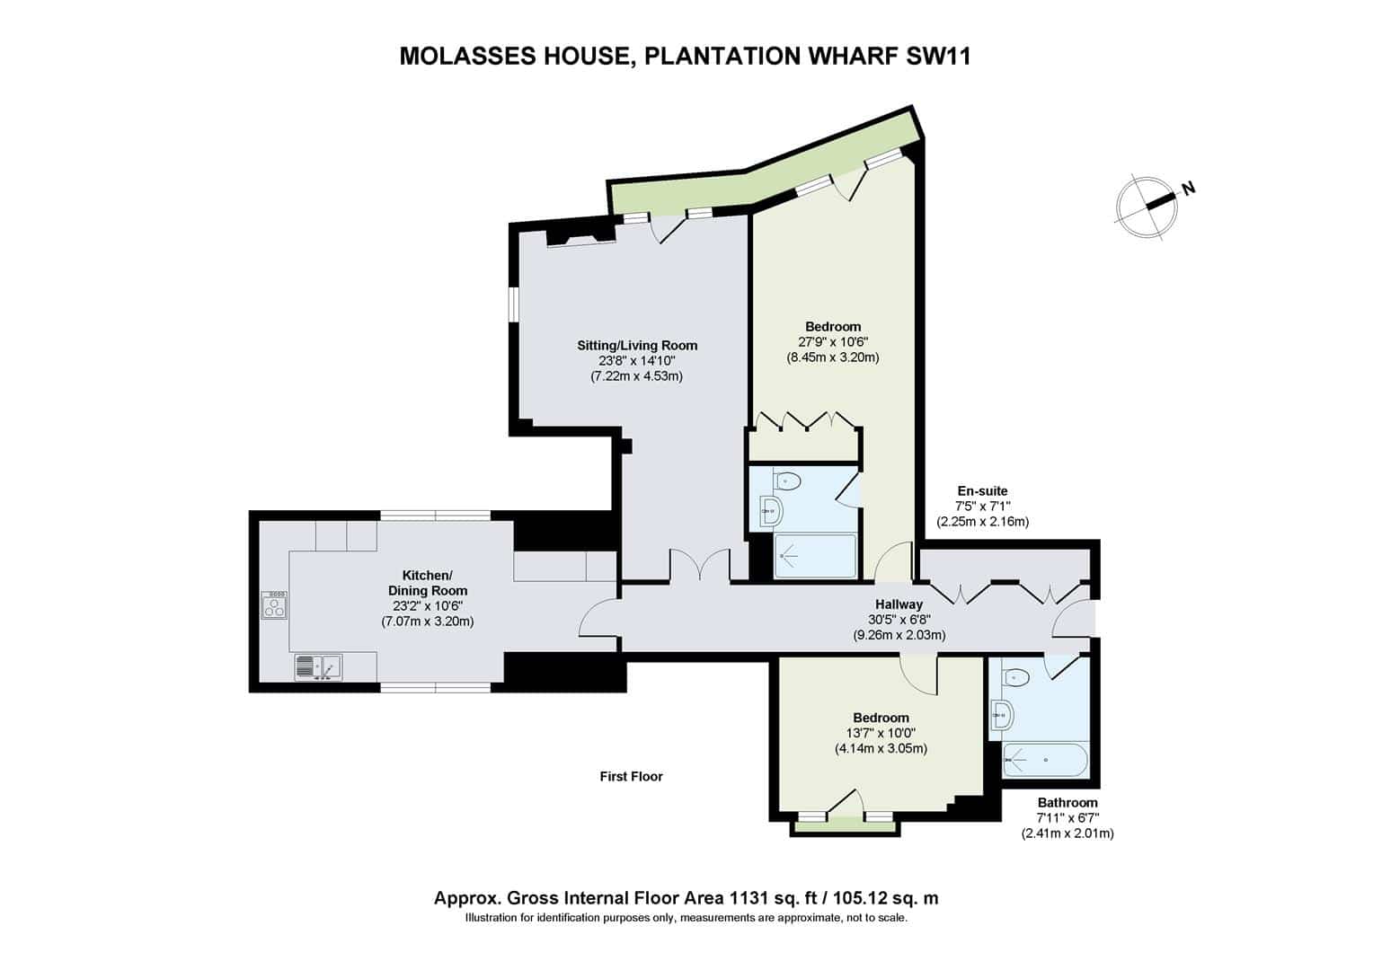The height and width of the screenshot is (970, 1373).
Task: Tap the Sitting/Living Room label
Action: pos(637,346)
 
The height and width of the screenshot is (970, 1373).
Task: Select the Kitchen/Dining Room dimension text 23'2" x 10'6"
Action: pos(427,606)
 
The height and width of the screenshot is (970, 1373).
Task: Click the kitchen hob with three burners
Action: pos(273,604)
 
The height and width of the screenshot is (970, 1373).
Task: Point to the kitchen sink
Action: pos(318,667)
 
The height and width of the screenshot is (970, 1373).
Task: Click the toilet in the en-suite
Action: pos(786,480)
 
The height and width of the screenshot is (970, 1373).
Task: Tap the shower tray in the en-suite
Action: pos(815,556)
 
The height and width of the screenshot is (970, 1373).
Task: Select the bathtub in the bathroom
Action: pos(1045,760)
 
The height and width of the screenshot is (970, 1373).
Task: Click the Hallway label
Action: pos(899,604)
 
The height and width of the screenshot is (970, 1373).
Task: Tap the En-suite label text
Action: pos(982,490)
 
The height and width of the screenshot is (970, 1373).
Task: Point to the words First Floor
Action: pos(632,776)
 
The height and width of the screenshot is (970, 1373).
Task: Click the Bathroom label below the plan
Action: pos(1067,802)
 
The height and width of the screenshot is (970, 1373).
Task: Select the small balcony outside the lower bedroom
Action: pos(845,827)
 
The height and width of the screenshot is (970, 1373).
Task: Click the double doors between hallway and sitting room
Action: pos(699,564)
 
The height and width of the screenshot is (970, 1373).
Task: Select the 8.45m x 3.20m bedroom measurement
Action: pos(833,357)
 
